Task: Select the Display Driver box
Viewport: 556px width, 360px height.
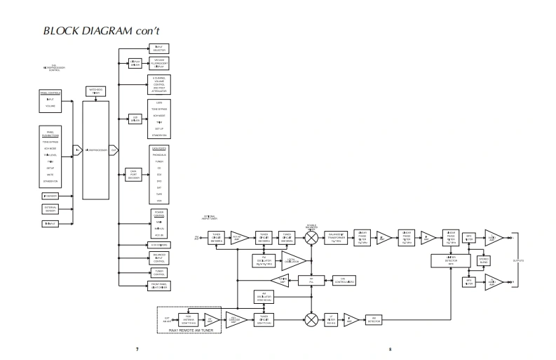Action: point(135,63)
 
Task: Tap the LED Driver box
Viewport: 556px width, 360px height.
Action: point(135,120)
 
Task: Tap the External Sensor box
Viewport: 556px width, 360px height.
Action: point(50,210)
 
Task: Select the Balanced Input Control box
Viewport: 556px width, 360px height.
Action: point(158,258)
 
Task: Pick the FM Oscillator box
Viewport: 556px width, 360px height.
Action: point(263,260)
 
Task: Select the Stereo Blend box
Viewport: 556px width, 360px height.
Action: point(484,261)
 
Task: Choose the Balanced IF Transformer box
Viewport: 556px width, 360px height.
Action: point(338,237)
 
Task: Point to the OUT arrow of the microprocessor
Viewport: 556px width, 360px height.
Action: point(114,150)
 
